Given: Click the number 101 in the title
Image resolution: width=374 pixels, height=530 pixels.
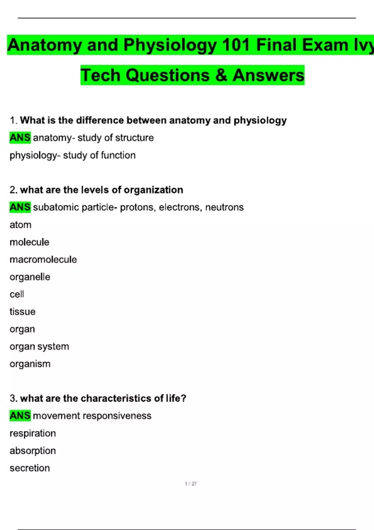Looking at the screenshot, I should (x=236, y=45).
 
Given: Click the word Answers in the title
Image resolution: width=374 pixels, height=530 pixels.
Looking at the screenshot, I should (x=268, y=75).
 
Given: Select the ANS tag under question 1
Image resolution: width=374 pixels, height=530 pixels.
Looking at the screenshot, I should (x=20, y=137).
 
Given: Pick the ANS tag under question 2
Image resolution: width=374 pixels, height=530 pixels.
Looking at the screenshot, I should (x=20, y=207).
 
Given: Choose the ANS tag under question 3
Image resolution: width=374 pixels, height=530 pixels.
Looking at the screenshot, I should (x=20, y=416).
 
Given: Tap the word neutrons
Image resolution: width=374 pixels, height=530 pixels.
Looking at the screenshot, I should (x=224, y=207).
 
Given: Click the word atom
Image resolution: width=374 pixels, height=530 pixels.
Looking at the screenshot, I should (x=21, y=225).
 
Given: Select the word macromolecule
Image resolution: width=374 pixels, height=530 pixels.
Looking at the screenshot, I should (x=43, y=259).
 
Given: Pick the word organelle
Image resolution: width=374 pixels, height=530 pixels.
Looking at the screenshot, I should (x=30, y=277).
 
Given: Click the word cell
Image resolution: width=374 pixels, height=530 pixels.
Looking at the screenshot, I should (x=17, y=294).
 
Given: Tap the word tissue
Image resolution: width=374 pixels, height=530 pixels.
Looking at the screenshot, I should (x=22, y=312).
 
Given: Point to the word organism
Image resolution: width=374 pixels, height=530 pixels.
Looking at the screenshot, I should (x=30, y=364).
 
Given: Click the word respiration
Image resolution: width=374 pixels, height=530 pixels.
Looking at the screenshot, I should (x=33, y=433).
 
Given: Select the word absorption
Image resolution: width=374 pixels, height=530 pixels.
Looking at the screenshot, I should (x=33, y=451).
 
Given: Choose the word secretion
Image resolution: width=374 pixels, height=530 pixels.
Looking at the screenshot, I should (x=30, y=468).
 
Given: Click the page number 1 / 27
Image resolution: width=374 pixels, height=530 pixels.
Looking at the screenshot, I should (x=191, y=484).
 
